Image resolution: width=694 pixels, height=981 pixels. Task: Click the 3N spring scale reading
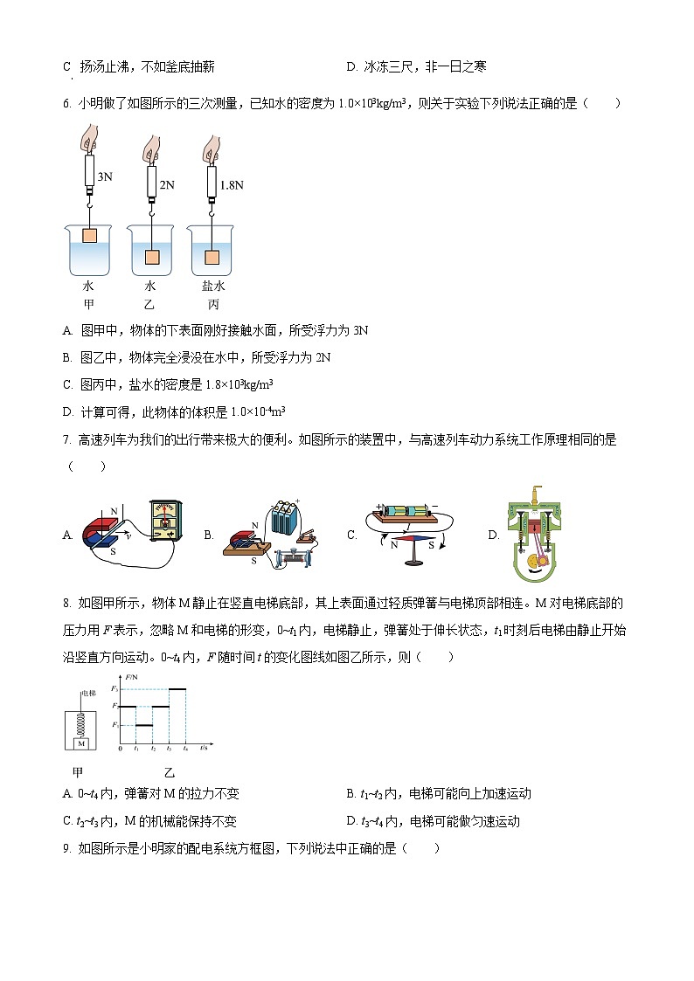[105, 176]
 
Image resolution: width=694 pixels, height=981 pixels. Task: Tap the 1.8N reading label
[231, 185]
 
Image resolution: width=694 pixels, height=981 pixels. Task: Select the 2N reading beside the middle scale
[167, 184]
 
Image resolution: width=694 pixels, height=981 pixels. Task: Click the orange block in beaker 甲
[89, 235]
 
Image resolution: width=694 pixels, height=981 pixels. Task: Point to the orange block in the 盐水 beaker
[211, 257]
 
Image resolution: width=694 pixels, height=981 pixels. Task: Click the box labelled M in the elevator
[80, 743]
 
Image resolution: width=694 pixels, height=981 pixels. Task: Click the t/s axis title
[205, 749]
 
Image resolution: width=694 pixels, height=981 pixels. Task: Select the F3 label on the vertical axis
[114, 689]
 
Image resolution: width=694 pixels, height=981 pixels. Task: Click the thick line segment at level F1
[144, 724]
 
